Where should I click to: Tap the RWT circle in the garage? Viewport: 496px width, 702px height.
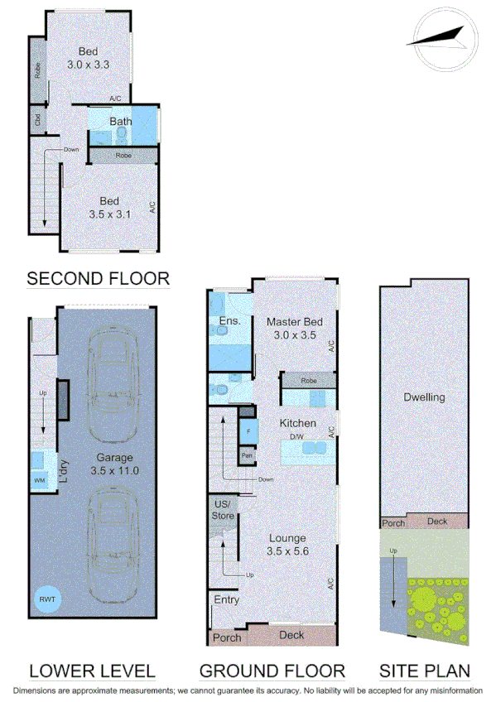(x=48, y=598)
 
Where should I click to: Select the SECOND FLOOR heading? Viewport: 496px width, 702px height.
(x=98, y=279)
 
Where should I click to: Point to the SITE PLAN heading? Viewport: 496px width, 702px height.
(x=424, y=671)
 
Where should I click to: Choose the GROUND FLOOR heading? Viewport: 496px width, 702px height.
(x=272, y=671)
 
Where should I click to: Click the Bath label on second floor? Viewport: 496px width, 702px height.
(x=122, y=122)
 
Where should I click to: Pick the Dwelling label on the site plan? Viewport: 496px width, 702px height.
(x=423, y=397)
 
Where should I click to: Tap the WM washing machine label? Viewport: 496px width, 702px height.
(x=39, y=479)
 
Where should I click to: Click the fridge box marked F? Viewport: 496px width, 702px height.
(x=247, y=431)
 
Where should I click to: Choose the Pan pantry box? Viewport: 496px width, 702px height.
(x=247, y=455)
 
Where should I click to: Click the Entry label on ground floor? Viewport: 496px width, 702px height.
(x=226, y=599)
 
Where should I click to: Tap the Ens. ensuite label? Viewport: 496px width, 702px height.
(x=229, y=321)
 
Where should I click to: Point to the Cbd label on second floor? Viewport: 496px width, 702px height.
(x=37, y=120)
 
